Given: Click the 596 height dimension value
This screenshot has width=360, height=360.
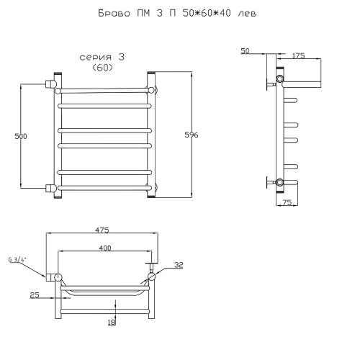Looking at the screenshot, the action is tap(192, 135).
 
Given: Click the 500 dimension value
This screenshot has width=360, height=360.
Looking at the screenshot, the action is tap(21, 136).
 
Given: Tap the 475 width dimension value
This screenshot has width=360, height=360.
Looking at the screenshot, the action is tap(102, 230).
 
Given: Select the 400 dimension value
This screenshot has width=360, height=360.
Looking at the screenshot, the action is tap(105, 248).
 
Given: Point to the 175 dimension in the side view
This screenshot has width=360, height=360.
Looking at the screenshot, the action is tap(298, 55).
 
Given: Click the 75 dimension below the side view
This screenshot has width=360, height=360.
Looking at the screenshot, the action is tap(287, 202).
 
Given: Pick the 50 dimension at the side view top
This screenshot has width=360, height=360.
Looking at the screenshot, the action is tap(245, 51).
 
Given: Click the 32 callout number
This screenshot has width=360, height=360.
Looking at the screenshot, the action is tap(179, 265).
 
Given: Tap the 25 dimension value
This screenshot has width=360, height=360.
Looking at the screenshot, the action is tap(35, 295).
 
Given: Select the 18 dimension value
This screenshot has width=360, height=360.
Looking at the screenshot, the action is tap(112, 322).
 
